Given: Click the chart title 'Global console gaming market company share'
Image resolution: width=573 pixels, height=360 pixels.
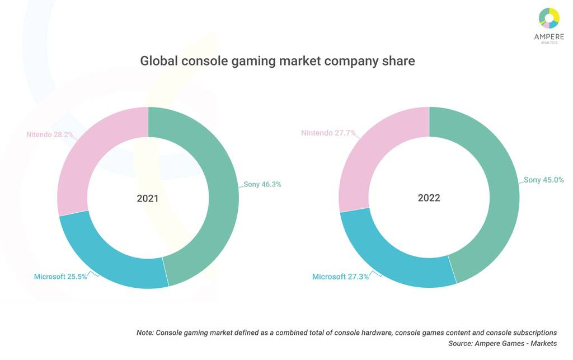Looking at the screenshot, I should pyautogui.click(x=278, y=60).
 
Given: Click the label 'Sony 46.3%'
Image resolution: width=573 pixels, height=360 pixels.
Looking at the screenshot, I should pyautogui.click(x=262, y=184).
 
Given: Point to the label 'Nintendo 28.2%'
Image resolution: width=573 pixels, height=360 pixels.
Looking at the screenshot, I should pyautogui.click(x=50, y=134).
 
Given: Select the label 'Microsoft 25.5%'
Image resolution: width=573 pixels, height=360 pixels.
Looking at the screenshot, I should pyautogui.click(x=60, y=277).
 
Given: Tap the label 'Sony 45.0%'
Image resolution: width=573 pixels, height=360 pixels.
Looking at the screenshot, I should pyautogui.click(x=543, y=180).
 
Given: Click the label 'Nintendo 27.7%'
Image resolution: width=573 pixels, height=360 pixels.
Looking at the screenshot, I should pyautogui.click(x=328, y=133).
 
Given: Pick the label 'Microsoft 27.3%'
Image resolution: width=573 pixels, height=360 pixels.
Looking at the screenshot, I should pyautogui.click(x=340, y=277).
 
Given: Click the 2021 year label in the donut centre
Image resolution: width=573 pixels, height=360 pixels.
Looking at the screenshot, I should pyautogui.click(x=148, y=198).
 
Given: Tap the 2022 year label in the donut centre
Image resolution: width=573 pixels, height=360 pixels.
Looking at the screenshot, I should pyautogui.click(x=429, y=198).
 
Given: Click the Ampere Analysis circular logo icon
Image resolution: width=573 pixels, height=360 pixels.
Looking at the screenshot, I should pyautogui.click(x=549, y=17).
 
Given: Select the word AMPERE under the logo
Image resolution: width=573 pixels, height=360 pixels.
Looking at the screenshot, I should pyautogui.click(x=549, y=36).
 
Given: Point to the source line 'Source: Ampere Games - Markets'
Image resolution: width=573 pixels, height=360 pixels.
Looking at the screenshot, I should pyautogui.click(x=502, y=343).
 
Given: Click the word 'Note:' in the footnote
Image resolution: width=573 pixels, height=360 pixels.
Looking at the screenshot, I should pyautogui.click(x=145, y=333).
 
